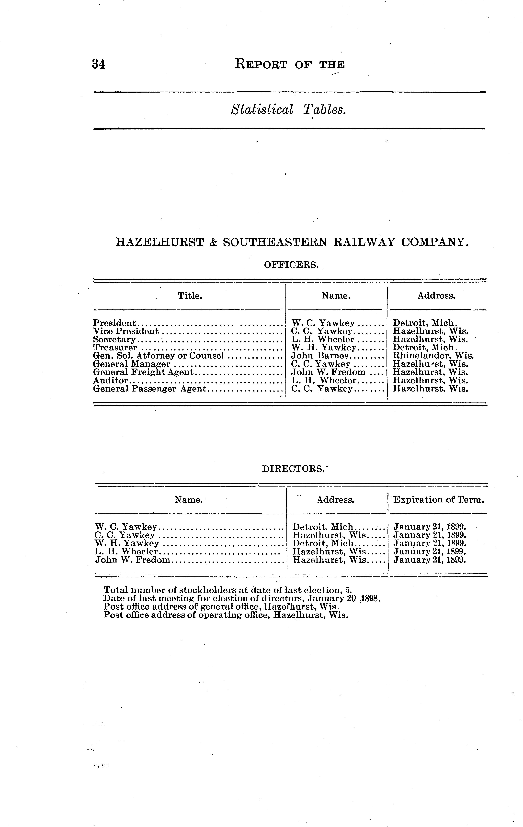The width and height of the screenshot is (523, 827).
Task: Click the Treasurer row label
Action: (x=115, y=348)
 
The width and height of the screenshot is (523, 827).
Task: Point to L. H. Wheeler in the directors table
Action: (x=126, y=551)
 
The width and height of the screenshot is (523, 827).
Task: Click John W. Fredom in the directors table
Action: (x=132, y=560)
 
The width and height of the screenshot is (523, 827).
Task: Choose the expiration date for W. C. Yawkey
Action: (x=430, y=527)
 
